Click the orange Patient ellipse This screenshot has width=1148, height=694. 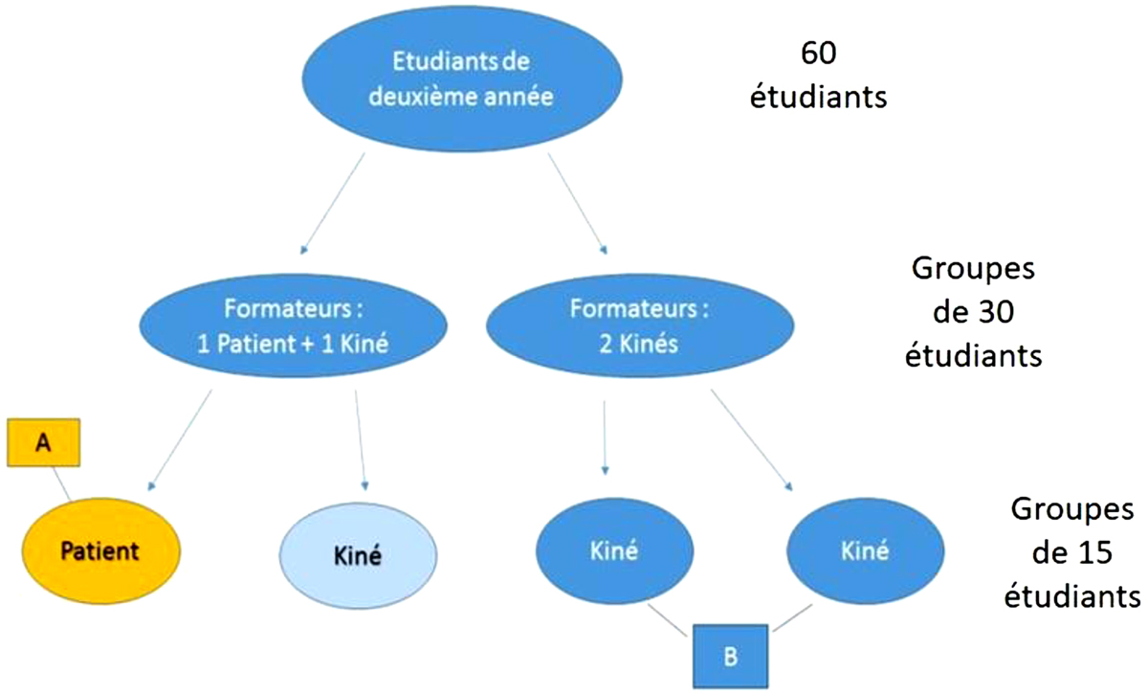[x=99, y=550]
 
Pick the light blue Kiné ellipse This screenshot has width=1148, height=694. [x=358, y=555]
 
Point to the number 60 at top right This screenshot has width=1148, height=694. [x=819, y=55]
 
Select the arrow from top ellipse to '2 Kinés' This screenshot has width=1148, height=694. [x=576, y=200]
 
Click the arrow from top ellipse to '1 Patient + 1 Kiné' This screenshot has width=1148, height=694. [x=334, y=200]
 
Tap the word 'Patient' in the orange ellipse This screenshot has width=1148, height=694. [x=99, y=550]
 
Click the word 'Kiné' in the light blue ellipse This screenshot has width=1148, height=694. [x=358, y=556]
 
